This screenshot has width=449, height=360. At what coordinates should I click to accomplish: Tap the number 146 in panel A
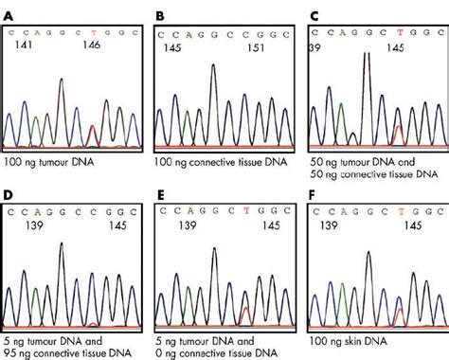click(x=91, y=45)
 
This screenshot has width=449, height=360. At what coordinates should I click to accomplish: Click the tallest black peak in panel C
click(x=366, y=57)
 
